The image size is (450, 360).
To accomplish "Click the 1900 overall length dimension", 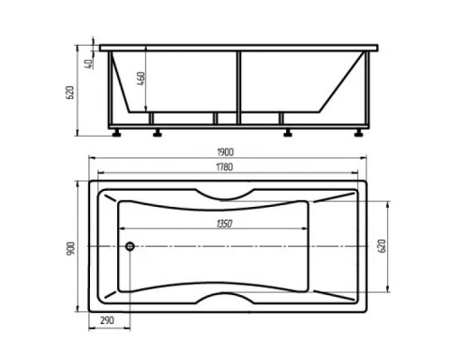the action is click(x=225, y=152).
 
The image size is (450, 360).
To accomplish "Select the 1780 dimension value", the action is click(x=225, y=166).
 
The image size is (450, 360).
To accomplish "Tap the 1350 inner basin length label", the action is click(x=224, y=223).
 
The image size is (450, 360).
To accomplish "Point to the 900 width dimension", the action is click(x=70, y=248).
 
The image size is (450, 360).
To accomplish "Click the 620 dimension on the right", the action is click(x=382, y=247).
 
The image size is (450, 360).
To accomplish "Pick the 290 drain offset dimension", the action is click(x=107, y=320).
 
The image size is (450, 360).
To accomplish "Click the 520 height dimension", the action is click(x=69, y=93).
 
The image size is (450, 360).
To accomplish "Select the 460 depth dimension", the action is click(x=141, y=78).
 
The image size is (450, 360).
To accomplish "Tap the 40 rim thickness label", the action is click(x=89, y=64).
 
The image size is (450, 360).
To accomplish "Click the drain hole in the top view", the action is click(x=130, y=247).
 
